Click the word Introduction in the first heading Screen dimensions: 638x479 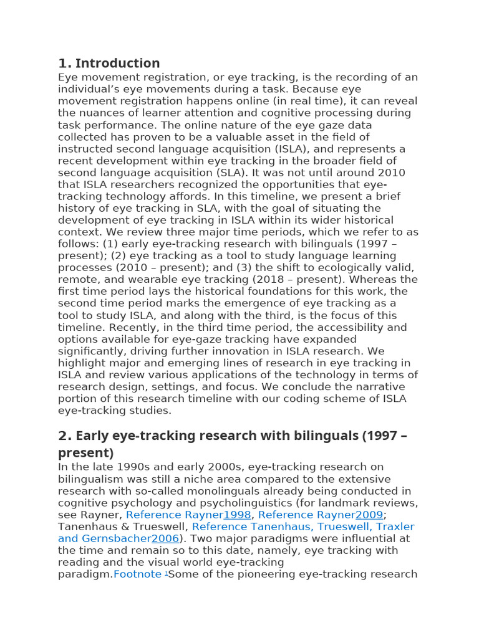tap(117, 63)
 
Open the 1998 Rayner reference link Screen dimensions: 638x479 tap(237, 515)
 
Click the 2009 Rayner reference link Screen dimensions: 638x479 tap(369, 515)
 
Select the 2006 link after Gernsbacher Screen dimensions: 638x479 tap(165, 538)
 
